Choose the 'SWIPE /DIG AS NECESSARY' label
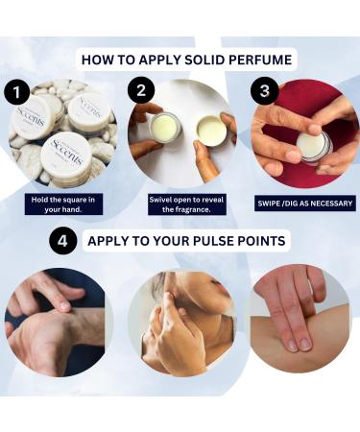305,203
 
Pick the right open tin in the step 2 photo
210,130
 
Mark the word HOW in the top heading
96,60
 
